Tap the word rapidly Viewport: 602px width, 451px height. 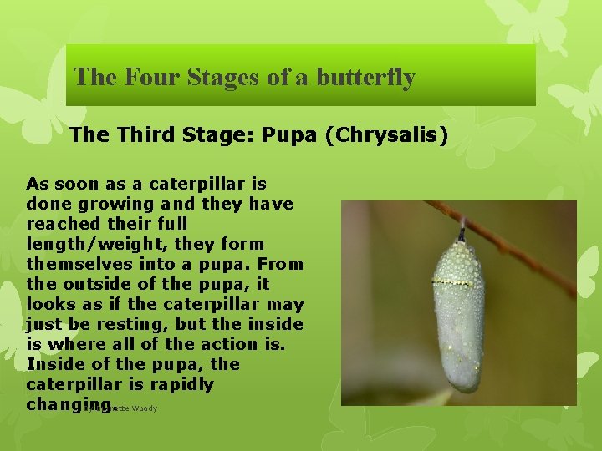[182, 384]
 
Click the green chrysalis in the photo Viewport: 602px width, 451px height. [458, 317]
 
